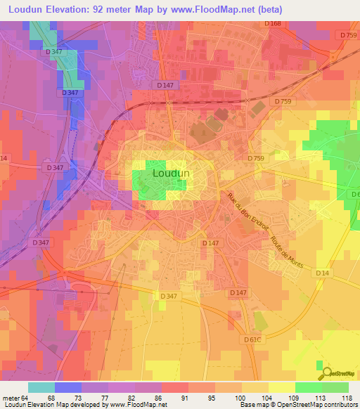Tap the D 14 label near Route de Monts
(x=323, y=272)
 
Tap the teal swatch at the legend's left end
(x=41, y=387)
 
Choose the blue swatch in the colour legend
(x=68, y=387)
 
